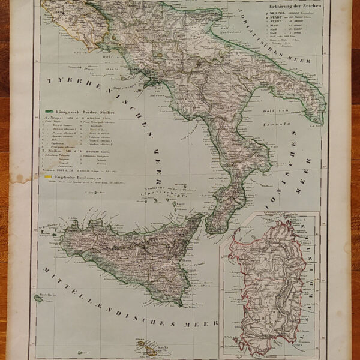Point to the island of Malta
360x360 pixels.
[148, 350]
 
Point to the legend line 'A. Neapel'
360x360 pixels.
[57, 121]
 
